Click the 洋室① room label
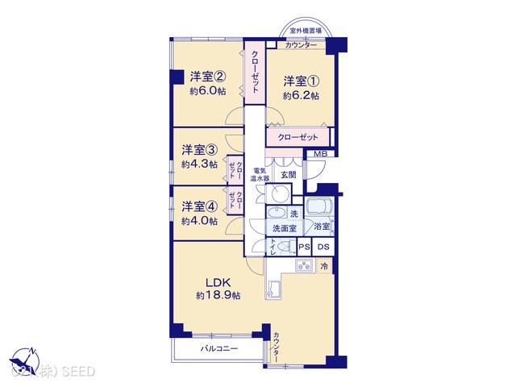pos(301,81)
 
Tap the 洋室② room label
pos(208,77)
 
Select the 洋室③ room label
pos(199,150)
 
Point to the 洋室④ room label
pos(199,206)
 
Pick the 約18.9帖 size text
pos(218,296)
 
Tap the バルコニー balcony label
pos(219,348)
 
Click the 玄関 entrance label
pos(288,174)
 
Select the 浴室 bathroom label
pos(322,227)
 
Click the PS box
pos(304,248)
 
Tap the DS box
pos(323,248)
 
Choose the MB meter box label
pos(320,154)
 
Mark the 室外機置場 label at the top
pos(306,31)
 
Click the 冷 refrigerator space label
pos(324,266)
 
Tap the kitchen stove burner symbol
pos(305,268)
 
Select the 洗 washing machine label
pos(294,213)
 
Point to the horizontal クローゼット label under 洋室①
pos(298,138)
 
